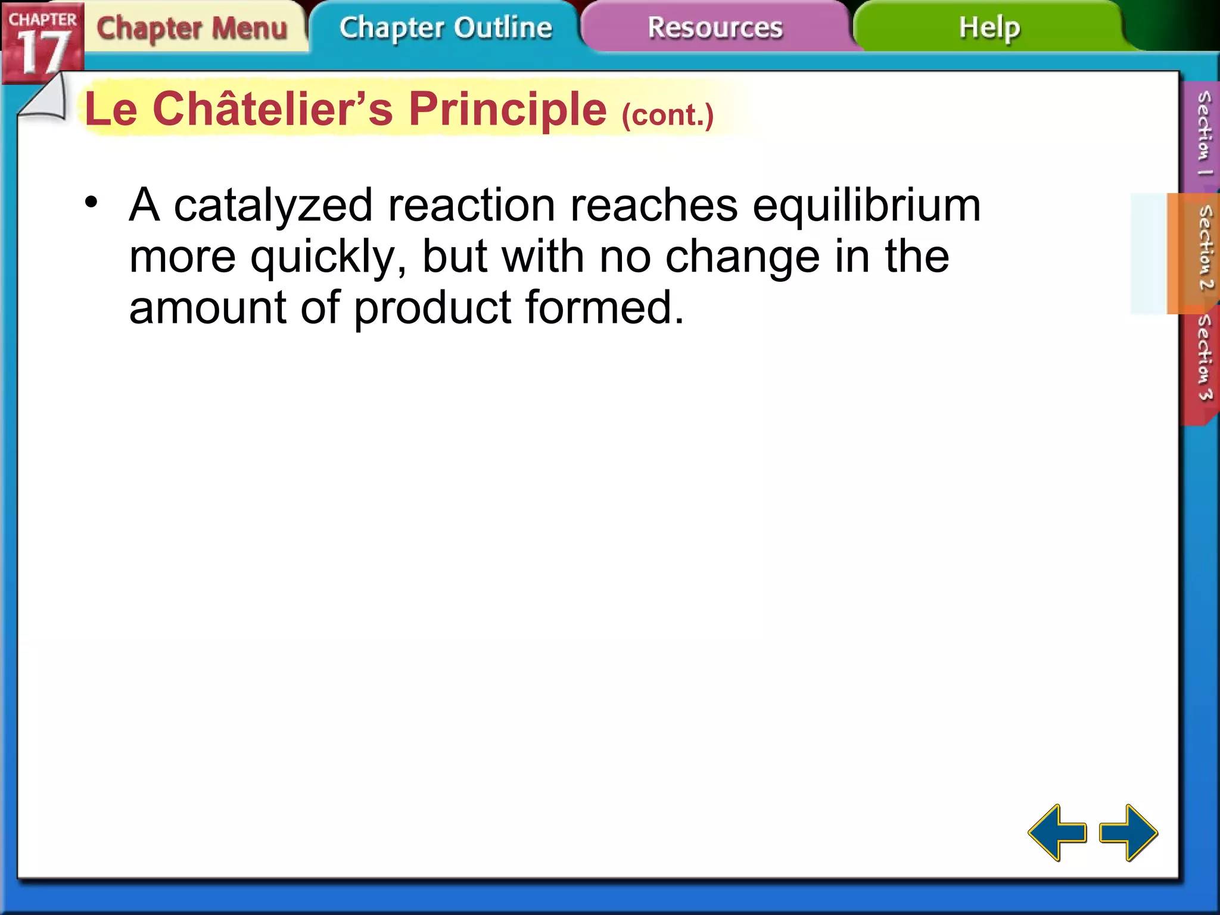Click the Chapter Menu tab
click(192, 29)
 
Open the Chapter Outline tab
click(446, 27)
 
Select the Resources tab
click(715, 27)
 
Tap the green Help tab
click(989, 27)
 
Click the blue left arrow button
click(1057, 832)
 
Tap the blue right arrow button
click(1129, 832)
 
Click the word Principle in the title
click(508, 110)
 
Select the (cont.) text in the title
click(667, 114)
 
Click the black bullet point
click(91, 202)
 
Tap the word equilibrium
click(866, 206)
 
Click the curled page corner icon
click(45, 98)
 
